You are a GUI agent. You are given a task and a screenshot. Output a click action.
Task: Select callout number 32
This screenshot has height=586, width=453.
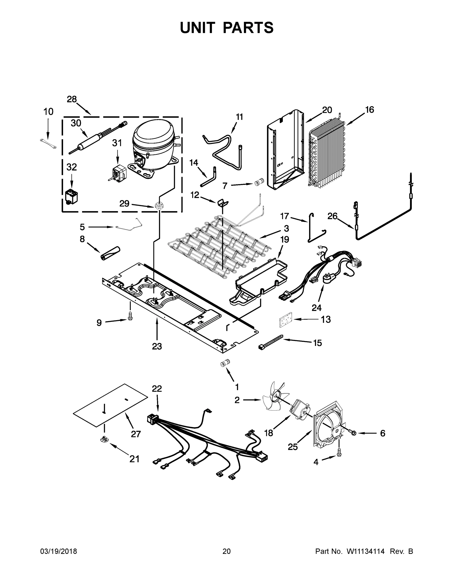point(72,167)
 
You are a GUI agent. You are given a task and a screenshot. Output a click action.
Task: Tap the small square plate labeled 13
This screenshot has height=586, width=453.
point(285,319)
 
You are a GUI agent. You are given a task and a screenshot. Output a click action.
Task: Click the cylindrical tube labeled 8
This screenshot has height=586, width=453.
point(110,253)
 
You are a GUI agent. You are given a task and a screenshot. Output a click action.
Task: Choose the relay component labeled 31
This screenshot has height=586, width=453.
point(118,174)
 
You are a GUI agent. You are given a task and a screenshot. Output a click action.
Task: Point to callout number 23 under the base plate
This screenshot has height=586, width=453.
point(157,346)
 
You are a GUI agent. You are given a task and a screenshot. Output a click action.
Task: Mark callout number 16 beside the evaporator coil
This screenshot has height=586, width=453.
point(369,110)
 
